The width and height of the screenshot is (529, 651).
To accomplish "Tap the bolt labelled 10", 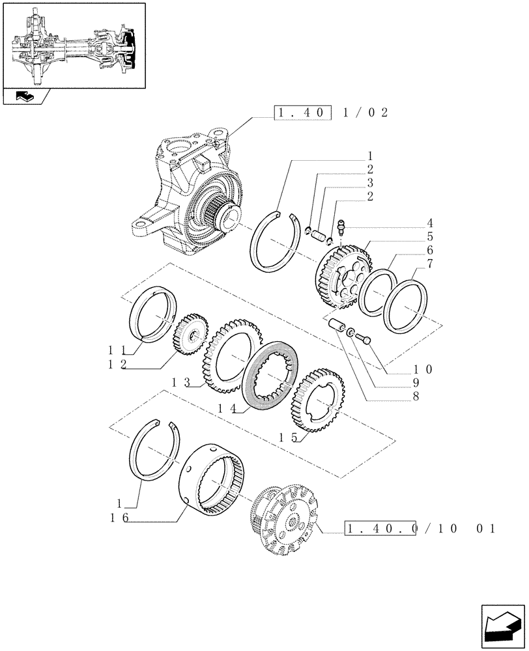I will click(364, 337).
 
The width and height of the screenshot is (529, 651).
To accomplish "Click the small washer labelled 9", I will click(350, 332).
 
